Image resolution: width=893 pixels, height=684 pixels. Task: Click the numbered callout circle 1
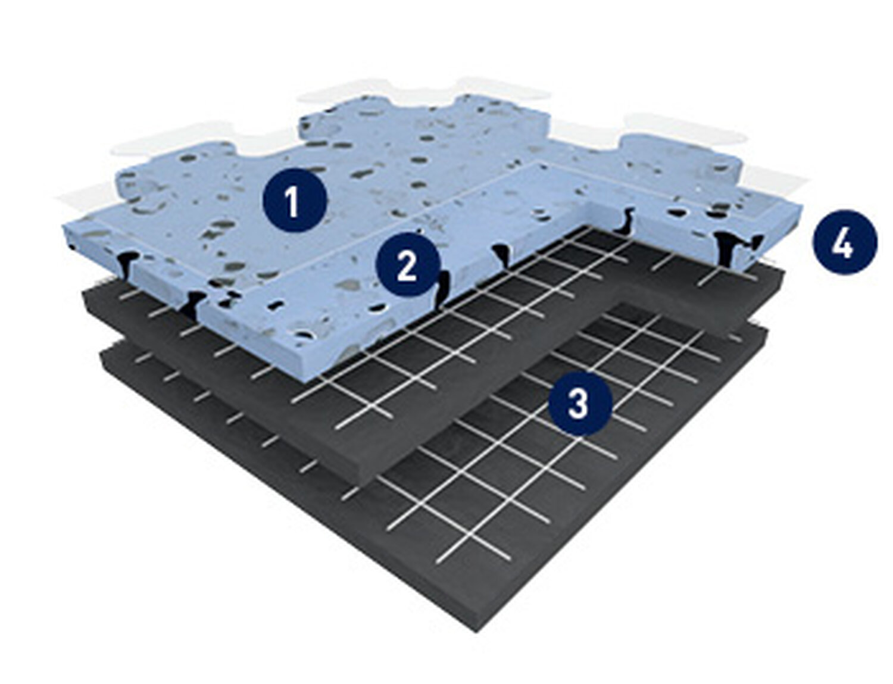[295, 201]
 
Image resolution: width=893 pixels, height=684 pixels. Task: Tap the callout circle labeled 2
[408, 264]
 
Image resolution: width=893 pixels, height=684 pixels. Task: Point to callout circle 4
[845, 242]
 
